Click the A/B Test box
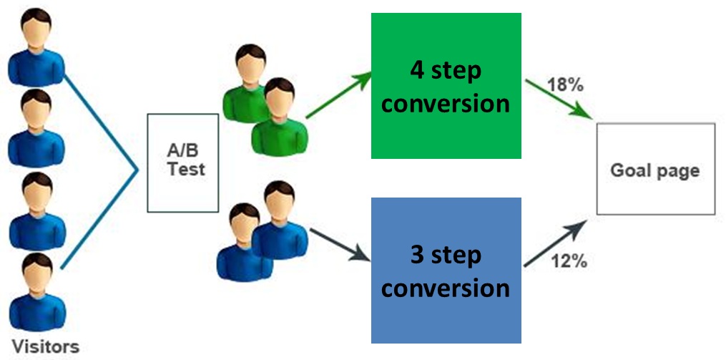pos(182,162)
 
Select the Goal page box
pos(655,169)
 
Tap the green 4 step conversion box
pos(445,86)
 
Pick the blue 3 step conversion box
pos(445,271)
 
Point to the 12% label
pos(570,261)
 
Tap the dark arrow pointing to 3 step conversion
pos(338,248)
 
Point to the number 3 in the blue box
pos(417,256)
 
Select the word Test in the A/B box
pos(183,170)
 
